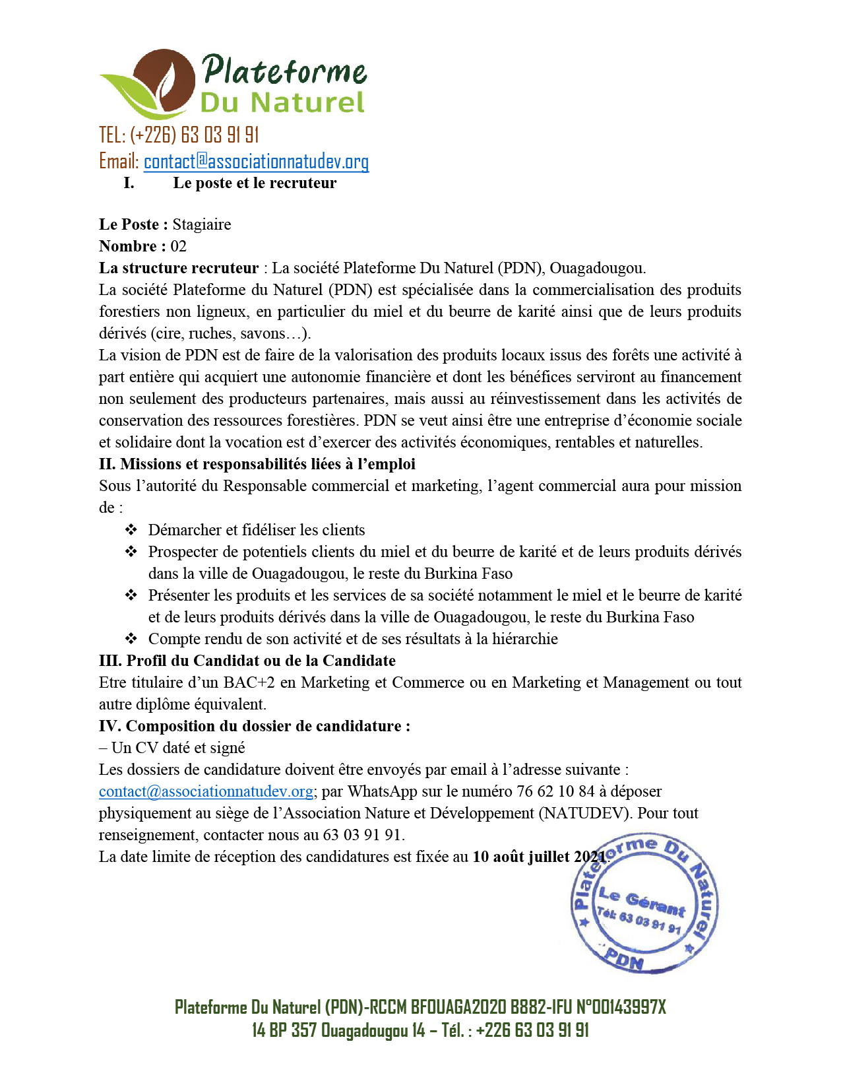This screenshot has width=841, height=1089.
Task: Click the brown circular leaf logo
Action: click(x=164, y=83)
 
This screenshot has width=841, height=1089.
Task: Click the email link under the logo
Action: click(x=256, y=162)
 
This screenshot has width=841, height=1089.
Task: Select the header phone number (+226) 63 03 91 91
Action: click(x=194, y=135)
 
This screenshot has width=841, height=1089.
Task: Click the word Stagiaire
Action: click(x=202, y=224)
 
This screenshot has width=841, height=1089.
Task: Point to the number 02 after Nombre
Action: click(x=178, y=246)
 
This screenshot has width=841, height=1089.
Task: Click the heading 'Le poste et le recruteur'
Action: click(x=255, y=183)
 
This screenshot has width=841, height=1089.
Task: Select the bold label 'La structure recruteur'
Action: click(x=179, y=268)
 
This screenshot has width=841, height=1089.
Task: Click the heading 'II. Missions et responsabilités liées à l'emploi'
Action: click(x=257, y=464)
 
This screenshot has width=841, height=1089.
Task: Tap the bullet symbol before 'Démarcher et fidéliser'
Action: click(x=131, y=529)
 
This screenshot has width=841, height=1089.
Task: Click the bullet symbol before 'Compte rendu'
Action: click(x=131, y=638)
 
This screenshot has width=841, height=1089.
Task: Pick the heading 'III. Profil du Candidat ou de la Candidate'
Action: click(x=247, y=661)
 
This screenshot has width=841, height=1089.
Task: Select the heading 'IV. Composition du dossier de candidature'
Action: click(x=255, y=726)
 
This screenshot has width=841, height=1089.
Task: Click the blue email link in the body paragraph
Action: click(x=206, y=791)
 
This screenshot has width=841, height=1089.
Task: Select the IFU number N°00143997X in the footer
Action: click(x=621, y=1007)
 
